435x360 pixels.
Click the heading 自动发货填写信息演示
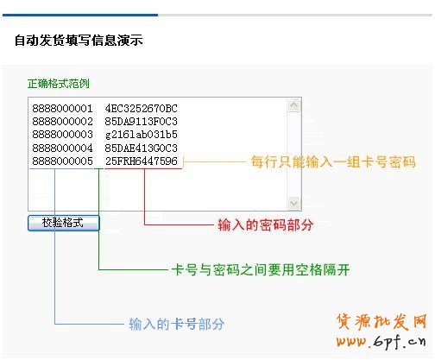tap(79, 40)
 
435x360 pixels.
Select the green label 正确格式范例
tap(59, 84)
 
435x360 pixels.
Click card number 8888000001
tap(62, 109)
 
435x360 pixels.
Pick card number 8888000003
tap(62, 135)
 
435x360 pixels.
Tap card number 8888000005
tap(62, 161)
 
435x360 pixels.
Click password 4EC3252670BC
tap(141, 109)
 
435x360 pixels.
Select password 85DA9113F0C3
tap(141, 121)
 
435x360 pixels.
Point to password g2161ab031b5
tap(141, 135)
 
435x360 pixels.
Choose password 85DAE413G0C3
tap(141, 148)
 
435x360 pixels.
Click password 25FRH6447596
tap(141, 161)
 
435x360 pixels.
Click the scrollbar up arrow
tap(293, 104)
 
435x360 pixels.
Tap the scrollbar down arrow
tap(293, 203)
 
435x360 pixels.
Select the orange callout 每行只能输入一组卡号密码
tap(333, 161)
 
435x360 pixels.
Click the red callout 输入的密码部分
tap(265, 224)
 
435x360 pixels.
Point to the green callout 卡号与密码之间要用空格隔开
tap(261, 269)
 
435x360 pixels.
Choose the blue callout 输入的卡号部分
tap(177, 324)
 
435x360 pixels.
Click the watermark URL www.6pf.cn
tap(381, 342)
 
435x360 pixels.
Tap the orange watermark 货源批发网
tap(381, 321)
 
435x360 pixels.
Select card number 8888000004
tap(62, 148)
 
